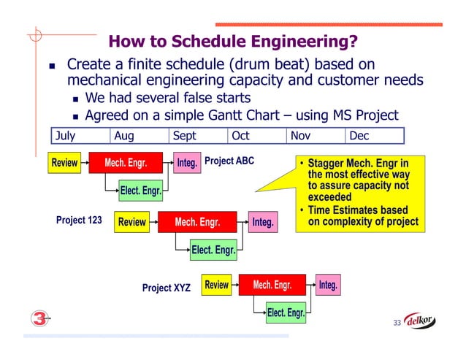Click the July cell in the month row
click(80, 136)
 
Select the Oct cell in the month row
click(256, 136)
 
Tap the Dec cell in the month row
click(375, 136)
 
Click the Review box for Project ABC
click(64, 163)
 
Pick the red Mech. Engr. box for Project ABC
click(126, 163)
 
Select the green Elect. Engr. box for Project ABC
click(141, 191)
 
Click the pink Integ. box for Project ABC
click(187, 163)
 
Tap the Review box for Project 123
click(132, 221)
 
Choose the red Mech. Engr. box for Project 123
click(197, 221)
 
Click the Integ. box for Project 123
click(263, 221)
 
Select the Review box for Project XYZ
click(216, 285)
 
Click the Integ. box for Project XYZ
click(328, 285)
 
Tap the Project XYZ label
click(166, 288)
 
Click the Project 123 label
click(79, 219)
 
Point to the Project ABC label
click(229, 160)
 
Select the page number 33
click(397, 323)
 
